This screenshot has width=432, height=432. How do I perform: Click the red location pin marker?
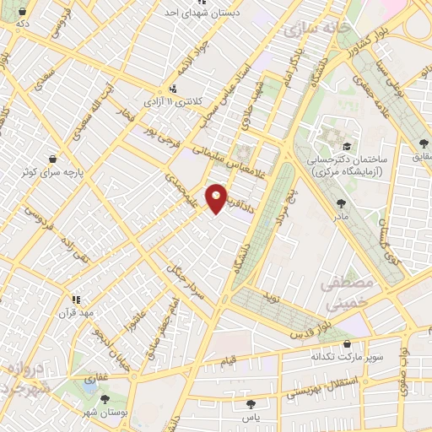(217, 197)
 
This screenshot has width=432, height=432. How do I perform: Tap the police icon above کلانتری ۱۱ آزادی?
(173, 88)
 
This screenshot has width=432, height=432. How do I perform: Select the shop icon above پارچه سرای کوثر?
(54, 158)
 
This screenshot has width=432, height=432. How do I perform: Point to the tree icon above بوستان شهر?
(105, 399)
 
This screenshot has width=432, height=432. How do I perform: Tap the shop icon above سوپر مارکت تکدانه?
(348, 344)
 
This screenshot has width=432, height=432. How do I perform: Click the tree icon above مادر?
(341, 203)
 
